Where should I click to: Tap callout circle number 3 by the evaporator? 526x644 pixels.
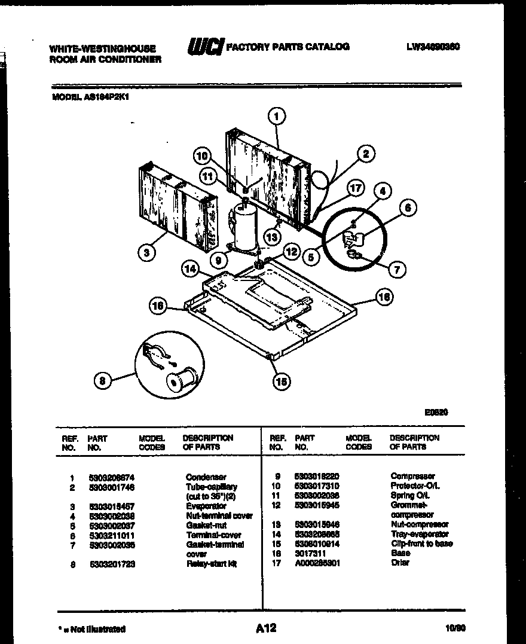click(x=146, y=252)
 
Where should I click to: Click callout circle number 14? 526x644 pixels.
click(x=191, y=269)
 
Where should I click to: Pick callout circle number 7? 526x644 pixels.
click(x=396, y=269)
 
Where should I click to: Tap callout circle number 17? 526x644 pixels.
click(x=356, y=188)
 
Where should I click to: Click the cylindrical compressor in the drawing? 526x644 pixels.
click(x=244, y=227)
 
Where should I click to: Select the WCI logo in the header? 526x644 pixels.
click(x=206, y=47)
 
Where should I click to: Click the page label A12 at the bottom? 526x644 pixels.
click(x=266, y=627)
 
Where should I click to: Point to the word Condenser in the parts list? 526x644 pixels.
click(x=206, y=477)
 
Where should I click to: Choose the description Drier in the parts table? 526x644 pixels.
click(x=400, y=563)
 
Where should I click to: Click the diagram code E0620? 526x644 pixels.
click(x=436, y=412)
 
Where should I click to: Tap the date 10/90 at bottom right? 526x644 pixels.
click(x=455, y=628)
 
